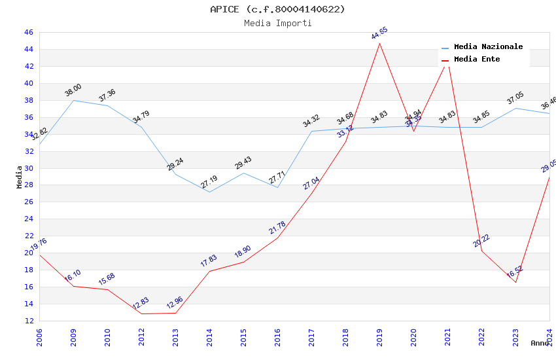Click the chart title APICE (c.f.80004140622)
click(277, 9)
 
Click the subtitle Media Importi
click(277, 24)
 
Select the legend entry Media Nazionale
click(488, 47)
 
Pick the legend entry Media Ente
click(477, 60)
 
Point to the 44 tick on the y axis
click(28, 49)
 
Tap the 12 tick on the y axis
click(28, 321)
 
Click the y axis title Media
click(20, 176)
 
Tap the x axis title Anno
click(540, 343)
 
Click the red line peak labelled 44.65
click(379, 43)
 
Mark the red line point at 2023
click(515, 282)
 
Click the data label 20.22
click(481, 240)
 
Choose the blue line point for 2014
click(209, 192)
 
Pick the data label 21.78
click(277, 227)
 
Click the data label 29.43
click(243, 163)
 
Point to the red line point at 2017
click(311, 193)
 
